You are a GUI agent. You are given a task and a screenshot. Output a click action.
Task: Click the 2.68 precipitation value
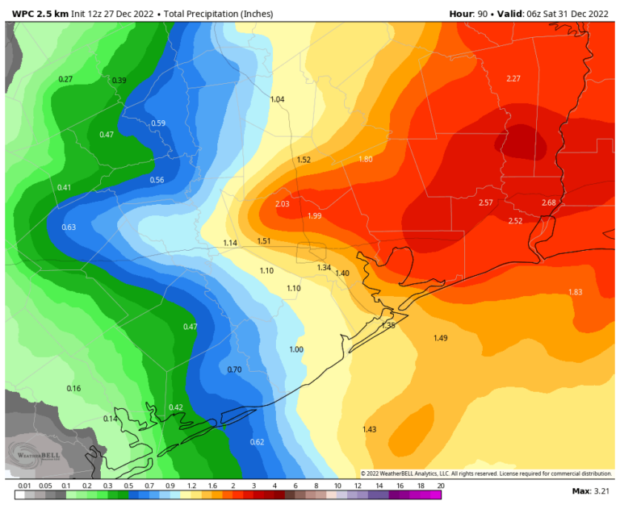coord(549,202)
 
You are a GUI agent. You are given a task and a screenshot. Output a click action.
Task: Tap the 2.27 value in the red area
coord(513,78)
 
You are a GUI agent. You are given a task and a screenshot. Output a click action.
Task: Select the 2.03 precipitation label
coord(282,204)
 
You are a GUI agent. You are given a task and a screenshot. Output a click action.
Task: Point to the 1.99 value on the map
coord(314,216)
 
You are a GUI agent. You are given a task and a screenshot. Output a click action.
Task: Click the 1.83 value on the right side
coord(575,292)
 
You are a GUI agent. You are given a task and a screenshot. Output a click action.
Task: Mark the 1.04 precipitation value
coord(277,99)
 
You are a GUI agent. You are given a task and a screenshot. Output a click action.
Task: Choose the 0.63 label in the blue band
coord(69,227)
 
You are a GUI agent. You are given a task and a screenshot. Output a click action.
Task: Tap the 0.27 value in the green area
coord(66,79)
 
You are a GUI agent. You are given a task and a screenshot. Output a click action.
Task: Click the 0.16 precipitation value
coord(73,389)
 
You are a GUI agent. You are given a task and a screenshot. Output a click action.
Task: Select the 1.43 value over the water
coord(370,429)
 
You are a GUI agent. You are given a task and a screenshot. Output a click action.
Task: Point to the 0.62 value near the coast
coord(257,442)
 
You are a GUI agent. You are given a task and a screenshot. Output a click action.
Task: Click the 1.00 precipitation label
coord(296,349)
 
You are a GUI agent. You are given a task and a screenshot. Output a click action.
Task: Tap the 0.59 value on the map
coord(158,123)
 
